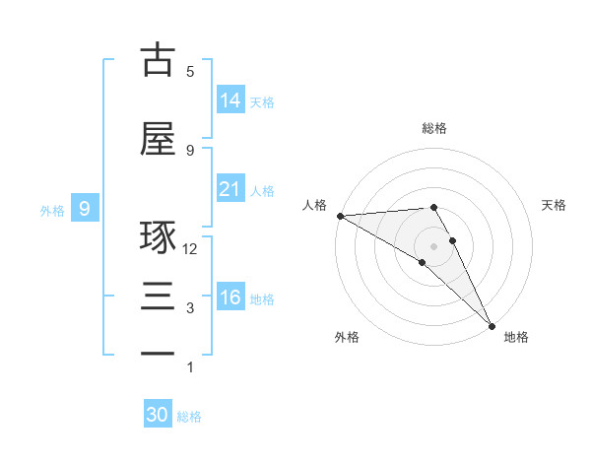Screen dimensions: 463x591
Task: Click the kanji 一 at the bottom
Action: [158, 353]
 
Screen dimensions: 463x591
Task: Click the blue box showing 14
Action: [230, 100]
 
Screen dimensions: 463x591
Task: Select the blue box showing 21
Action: [230, 189]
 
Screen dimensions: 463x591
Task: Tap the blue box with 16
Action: [230, 298]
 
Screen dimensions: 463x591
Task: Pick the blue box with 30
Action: [158, 415]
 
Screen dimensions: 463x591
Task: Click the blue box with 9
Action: [86, 209]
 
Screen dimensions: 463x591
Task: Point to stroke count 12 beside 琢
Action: [190, 249]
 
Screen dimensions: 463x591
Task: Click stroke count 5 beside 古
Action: [190, 72]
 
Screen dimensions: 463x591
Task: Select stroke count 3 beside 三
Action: [190, 308]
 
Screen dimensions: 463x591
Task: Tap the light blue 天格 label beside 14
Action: [262, 102]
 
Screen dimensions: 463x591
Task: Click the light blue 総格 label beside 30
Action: [189, 417]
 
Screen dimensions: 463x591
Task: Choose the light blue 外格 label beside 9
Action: [51, 211]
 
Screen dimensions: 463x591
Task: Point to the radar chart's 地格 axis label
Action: [516, 337]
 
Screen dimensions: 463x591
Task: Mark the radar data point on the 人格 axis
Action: [340, 216]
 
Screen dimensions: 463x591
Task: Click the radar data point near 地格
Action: [492, 326]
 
